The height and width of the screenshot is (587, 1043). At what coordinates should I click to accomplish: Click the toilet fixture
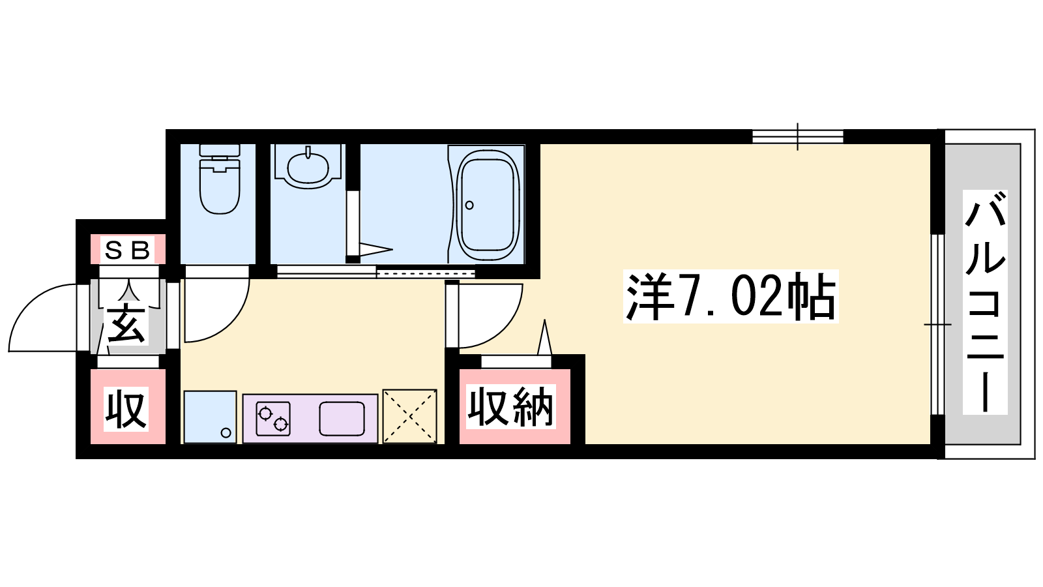[x=219, y=179]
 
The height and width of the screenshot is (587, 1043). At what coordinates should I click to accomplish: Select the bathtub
[x=488, y=205]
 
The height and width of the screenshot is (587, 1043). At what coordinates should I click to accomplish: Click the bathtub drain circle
[x=469, y=205]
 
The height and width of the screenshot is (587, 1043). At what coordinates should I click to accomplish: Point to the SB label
[x=127, y=250]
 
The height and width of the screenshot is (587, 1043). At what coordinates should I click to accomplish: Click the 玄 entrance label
[x=126, y=325]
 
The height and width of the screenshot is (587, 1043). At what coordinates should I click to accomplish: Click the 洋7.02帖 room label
[x=731, y=296]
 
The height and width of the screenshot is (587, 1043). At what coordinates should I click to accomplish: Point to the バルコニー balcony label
[x=985, y=303]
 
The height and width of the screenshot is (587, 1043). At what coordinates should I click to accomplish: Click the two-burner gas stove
[x=273, y=418]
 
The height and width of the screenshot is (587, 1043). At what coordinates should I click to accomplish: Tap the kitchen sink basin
[x=342, y=419]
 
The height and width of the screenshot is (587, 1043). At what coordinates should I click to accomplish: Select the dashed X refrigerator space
[x=410, y=416]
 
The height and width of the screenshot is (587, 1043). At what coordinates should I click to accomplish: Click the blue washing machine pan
[x=210, y=417]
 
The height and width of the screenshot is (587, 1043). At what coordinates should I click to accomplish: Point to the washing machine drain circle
[x=226, y=433]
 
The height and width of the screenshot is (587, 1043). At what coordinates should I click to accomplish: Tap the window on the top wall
[x=798, y=136]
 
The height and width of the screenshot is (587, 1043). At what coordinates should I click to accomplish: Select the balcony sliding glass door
[x=938, y=324]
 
